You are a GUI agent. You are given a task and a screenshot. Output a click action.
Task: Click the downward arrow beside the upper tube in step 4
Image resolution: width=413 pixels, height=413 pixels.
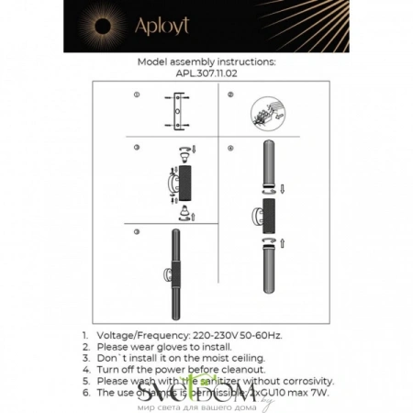coord(283,191)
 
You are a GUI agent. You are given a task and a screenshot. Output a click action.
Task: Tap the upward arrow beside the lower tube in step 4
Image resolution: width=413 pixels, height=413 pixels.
coord(282,243)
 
